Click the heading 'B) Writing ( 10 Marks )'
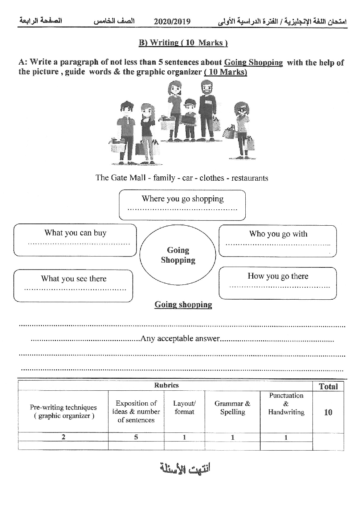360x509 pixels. coord(183,43)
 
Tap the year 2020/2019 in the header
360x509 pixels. coord(172,21)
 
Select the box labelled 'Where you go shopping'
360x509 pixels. coord(182,205)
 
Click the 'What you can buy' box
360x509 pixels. coord(75,240)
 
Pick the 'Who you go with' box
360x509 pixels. coord(278,241)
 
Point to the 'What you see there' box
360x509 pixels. coord(73,286)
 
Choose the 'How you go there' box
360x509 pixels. coord(278,283)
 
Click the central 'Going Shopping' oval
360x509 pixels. coord(178,255)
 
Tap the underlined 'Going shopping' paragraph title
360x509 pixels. coord(183,305)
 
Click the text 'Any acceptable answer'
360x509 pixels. coord(180,338)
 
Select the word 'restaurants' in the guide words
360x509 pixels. coord(250,178)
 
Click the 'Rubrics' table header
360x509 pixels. coord(166,385)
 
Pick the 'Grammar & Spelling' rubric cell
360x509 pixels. coord(232,408)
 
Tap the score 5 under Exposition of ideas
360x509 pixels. coord(136,437)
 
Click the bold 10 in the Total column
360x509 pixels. coord(328,412)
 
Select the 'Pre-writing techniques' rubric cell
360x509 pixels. coord(63,411)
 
